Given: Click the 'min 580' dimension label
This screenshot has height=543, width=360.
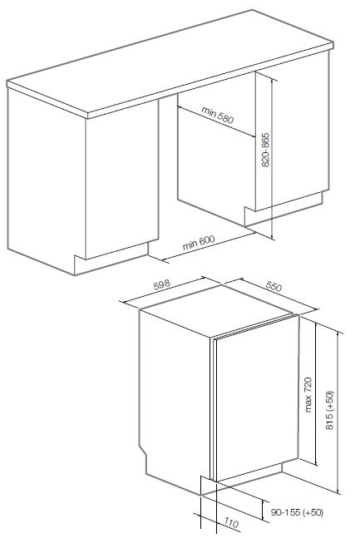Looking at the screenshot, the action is coord(218,116).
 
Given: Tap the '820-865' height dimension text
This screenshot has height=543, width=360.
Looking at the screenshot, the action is coord(265,150).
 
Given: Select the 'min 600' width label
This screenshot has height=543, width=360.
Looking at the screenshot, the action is coord(199,243).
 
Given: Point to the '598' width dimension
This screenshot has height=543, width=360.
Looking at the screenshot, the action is coord(162,284).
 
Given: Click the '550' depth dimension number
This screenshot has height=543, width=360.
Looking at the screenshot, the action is coord(274,286).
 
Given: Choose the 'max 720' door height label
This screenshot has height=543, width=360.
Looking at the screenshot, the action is coord(308,394).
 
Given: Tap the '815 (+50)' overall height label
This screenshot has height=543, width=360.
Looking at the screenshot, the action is coord(329,410).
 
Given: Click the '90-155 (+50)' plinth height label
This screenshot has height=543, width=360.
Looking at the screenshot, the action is coord(297,512).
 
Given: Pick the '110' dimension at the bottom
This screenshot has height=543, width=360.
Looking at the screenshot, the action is coord(231,523).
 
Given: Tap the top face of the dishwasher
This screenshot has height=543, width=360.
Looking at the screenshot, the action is coord(216,310).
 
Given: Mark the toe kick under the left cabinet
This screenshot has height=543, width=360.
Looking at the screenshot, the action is coord(111,258).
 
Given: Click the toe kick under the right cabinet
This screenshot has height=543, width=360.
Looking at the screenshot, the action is coord(284,209).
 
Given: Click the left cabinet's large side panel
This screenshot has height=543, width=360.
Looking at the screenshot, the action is coord(46,180).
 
